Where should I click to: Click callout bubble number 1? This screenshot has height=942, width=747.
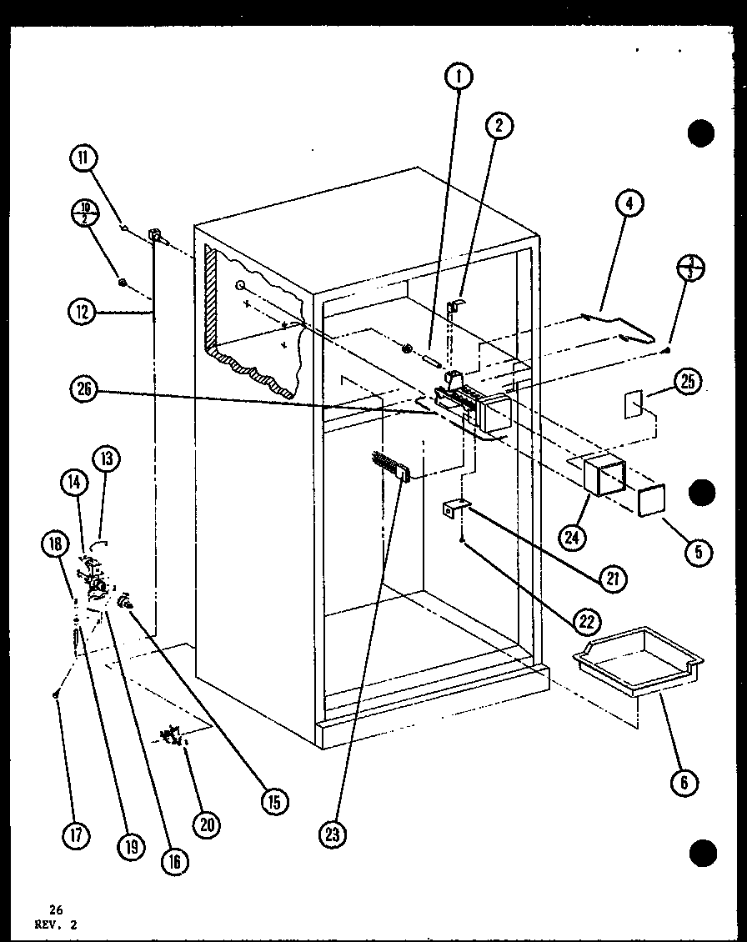coord(459,78)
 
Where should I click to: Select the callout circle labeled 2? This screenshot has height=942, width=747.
coord(499,126)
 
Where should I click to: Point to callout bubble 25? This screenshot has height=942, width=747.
coord(689,383)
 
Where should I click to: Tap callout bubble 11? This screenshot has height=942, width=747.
coord(85,159)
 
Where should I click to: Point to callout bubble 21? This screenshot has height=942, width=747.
coord(612,578)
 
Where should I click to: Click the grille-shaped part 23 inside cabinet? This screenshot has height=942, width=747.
coord(389,466)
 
